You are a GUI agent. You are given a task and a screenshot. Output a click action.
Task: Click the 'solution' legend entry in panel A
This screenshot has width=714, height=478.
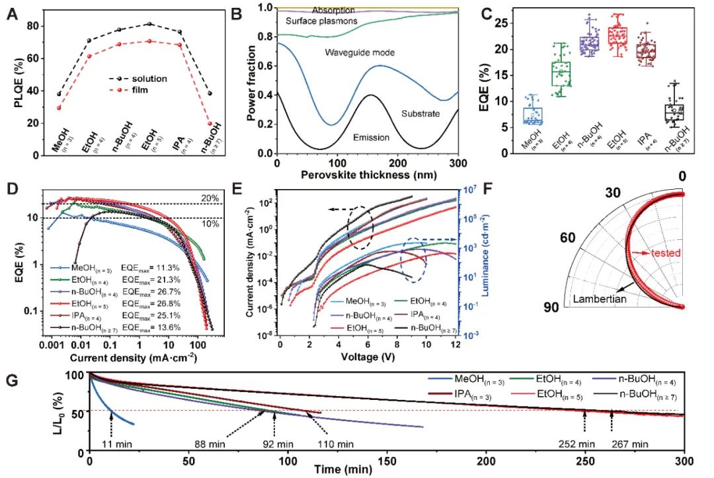click(149, 79)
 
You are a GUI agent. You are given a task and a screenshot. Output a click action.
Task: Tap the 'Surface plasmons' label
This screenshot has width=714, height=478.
click(321, 22)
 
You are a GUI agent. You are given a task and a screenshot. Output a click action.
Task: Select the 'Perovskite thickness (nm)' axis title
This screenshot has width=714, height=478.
click(368, 179)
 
